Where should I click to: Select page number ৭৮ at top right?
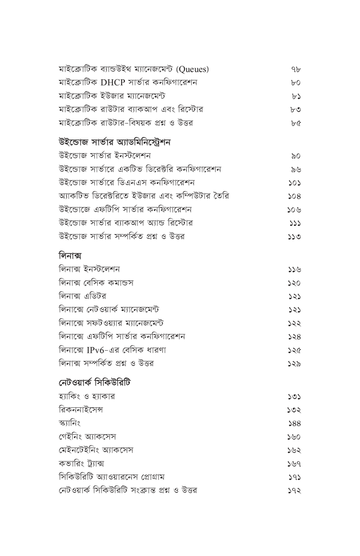(295, 69)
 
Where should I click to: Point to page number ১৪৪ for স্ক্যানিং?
(294, 424)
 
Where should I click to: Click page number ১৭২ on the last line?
(294, 491)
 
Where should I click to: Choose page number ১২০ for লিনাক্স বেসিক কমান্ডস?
(294, 283)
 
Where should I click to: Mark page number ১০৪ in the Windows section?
(294, 196)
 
